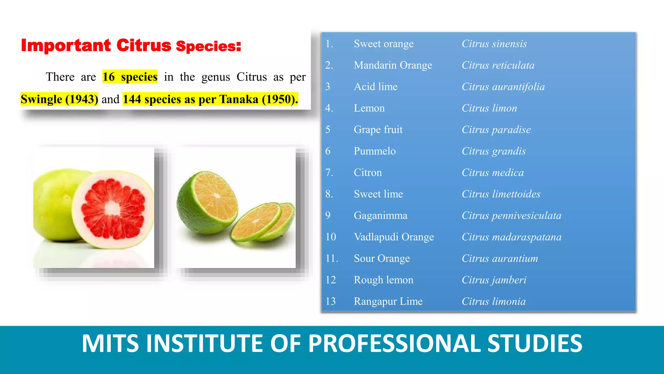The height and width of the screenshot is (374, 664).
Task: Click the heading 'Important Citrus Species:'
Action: coord(131,45)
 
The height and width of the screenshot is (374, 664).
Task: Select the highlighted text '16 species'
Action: coord(130,77)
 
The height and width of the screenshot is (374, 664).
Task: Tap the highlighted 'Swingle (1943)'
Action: coord(59,99)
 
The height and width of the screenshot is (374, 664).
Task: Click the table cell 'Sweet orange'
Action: coord(384,44)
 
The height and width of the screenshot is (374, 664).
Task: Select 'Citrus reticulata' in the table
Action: coord(498,65)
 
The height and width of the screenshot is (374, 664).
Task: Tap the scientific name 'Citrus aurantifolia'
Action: coord(503,87)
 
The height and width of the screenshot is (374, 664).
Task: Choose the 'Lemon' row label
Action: coord(369,108)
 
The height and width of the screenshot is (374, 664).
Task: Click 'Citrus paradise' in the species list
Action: coord(496,130)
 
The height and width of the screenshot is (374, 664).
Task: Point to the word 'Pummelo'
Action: coord(375,151)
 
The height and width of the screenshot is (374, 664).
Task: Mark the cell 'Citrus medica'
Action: coord(492,172)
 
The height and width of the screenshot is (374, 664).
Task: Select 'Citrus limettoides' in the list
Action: coord(501,194)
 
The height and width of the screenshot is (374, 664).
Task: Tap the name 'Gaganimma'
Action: coord(381,216)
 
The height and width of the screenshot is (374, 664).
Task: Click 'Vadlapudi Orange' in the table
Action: coord(394,237)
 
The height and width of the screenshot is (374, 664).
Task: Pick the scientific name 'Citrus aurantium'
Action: coord(500,258)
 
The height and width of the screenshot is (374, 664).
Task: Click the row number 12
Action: coord(331,280)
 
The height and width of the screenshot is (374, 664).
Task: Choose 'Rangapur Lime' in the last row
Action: coord(388,301)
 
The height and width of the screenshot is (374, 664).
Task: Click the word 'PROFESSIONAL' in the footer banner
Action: coord(394,343)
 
